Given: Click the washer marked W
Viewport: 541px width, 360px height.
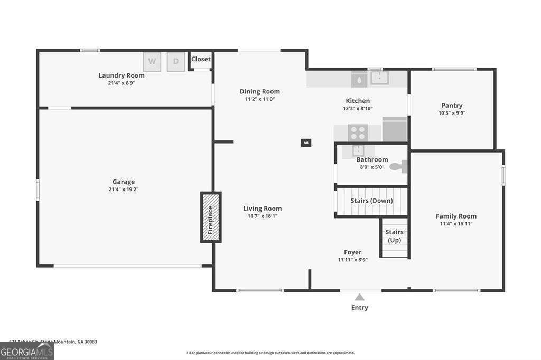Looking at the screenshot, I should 152,61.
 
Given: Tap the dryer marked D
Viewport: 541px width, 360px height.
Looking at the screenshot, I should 176,61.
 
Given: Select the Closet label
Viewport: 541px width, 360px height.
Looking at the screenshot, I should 201,59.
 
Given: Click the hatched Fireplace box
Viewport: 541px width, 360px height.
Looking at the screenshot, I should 210,217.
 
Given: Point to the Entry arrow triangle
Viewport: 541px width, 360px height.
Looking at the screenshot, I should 359,297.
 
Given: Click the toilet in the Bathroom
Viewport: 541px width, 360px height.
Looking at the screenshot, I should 398,167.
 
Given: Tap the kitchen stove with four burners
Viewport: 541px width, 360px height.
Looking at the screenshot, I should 358,132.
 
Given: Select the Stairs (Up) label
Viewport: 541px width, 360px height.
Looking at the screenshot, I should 394,236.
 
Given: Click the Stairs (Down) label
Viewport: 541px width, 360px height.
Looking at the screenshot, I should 371,201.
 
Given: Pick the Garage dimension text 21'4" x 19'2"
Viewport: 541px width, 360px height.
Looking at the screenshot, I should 123,190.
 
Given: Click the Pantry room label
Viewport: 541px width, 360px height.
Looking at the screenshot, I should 452,106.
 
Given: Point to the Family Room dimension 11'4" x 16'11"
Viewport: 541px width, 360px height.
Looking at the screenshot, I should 456,223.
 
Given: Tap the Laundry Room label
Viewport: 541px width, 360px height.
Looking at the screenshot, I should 122,75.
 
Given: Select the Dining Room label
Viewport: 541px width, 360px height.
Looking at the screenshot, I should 260,91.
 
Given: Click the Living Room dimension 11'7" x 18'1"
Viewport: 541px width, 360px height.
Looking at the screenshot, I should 263,216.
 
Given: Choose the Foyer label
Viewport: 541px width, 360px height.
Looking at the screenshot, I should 352,252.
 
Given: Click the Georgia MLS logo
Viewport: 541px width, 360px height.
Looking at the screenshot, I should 27,352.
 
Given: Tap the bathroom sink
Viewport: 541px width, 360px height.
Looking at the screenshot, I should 359,150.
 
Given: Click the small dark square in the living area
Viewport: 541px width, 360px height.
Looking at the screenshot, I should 306,142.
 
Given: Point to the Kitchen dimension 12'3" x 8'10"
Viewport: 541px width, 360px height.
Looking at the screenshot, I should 358,108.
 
